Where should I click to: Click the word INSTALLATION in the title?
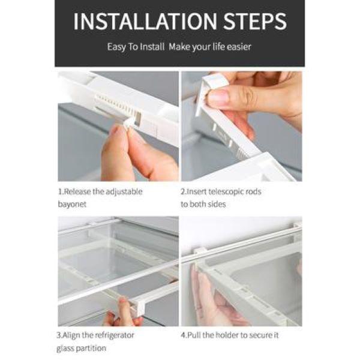pos(145,21)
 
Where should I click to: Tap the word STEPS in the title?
pos(255,21)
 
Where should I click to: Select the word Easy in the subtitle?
pos(116,47)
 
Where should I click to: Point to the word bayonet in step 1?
pos(72,204)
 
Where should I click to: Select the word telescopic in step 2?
pos(224,191)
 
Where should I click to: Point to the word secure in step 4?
pos(257,335)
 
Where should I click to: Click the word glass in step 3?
pos(65,349)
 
